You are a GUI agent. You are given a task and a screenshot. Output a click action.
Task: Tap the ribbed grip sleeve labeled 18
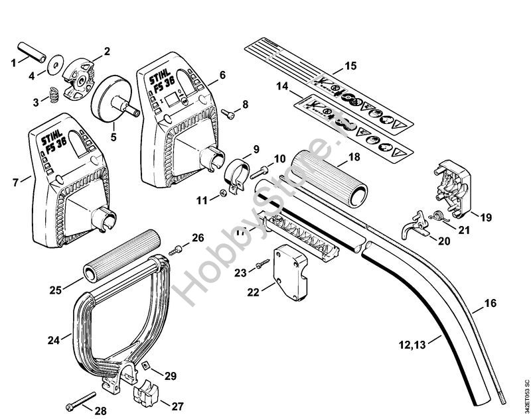click(x=335, y=172)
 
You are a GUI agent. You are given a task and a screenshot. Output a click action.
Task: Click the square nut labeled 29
click(x=147, y=366)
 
